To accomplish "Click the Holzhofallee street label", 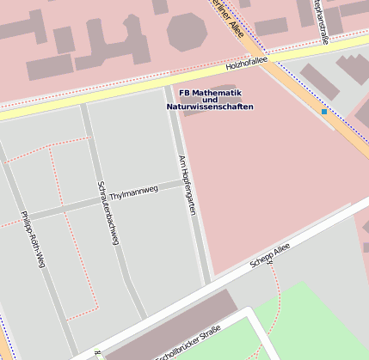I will (x=246, y=63).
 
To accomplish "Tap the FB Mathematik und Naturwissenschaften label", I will (x=210, y=100).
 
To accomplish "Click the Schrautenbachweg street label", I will (x=108, y=213).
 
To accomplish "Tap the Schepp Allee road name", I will (x=270, y=254).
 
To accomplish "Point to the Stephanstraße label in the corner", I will (x=319, y=17).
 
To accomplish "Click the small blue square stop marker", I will (x=324, y=112).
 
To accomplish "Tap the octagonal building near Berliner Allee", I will (x=188, y=31).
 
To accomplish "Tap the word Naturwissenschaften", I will (x=210, y=107).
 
